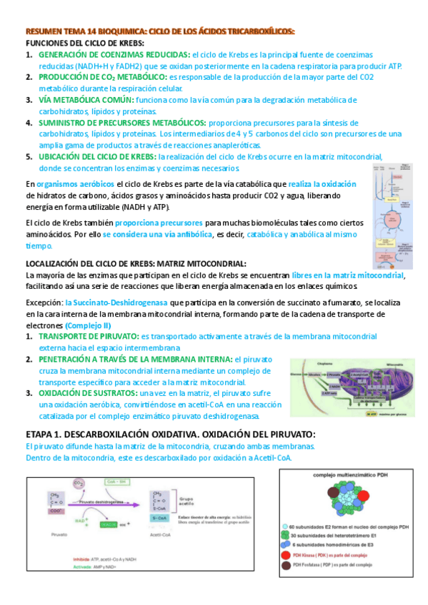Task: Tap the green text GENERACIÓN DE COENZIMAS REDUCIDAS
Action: click(114, 54)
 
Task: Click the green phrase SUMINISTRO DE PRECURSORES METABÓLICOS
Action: click(122, 122)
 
